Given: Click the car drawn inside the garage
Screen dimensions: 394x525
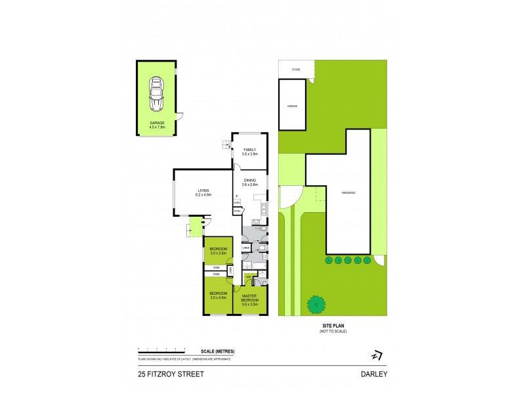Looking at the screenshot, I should point(157,94).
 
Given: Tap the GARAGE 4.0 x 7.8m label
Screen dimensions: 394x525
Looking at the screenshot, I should point(157,124).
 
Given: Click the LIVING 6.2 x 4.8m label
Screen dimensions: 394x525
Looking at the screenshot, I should point(203,192).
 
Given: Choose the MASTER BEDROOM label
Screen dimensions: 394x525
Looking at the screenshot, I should point(250,299).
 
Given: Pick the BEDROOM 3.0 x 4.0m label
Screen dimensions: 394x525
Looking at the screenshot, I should point(218,295).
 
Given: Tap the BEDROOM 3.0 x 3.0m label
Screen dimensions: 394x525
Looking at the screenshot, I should point(218,250).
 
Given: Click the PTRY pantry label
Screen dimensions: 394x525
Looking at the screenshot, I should point(237,210).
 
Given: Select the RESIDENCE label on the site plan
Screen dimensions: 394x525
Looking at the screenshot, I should point(348,193).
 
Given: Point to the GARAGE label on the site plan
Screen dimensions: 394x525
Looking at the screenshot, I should point(292,106).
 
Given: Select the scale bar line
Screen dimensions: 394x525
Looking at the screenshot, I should point(167,349).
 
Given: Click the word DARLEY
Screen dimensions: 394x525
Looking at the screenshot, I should point(373,374).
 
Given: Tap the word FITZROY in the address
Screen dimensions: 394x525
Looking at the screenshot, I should point(161,374).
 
